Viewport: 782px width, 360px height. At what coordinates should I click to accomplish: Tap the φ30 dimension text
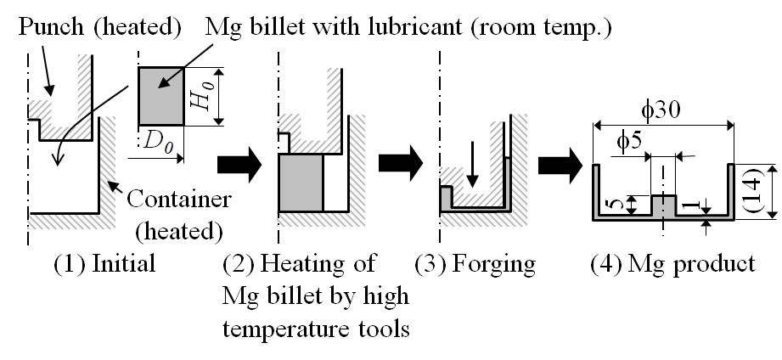tap(661, 109)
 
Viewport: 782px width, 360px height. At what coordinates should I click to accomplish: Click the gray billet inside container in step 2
tap(301, 183)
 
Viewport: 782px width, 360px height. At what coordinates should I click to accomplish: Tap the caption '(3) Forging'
tap(475, 263)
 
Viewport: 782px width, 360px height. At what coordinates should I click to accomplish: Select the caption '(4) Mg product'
tap(672, 263)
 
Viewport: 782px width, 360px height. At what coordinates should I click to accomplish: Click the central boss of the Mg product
tap(663, 205)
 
